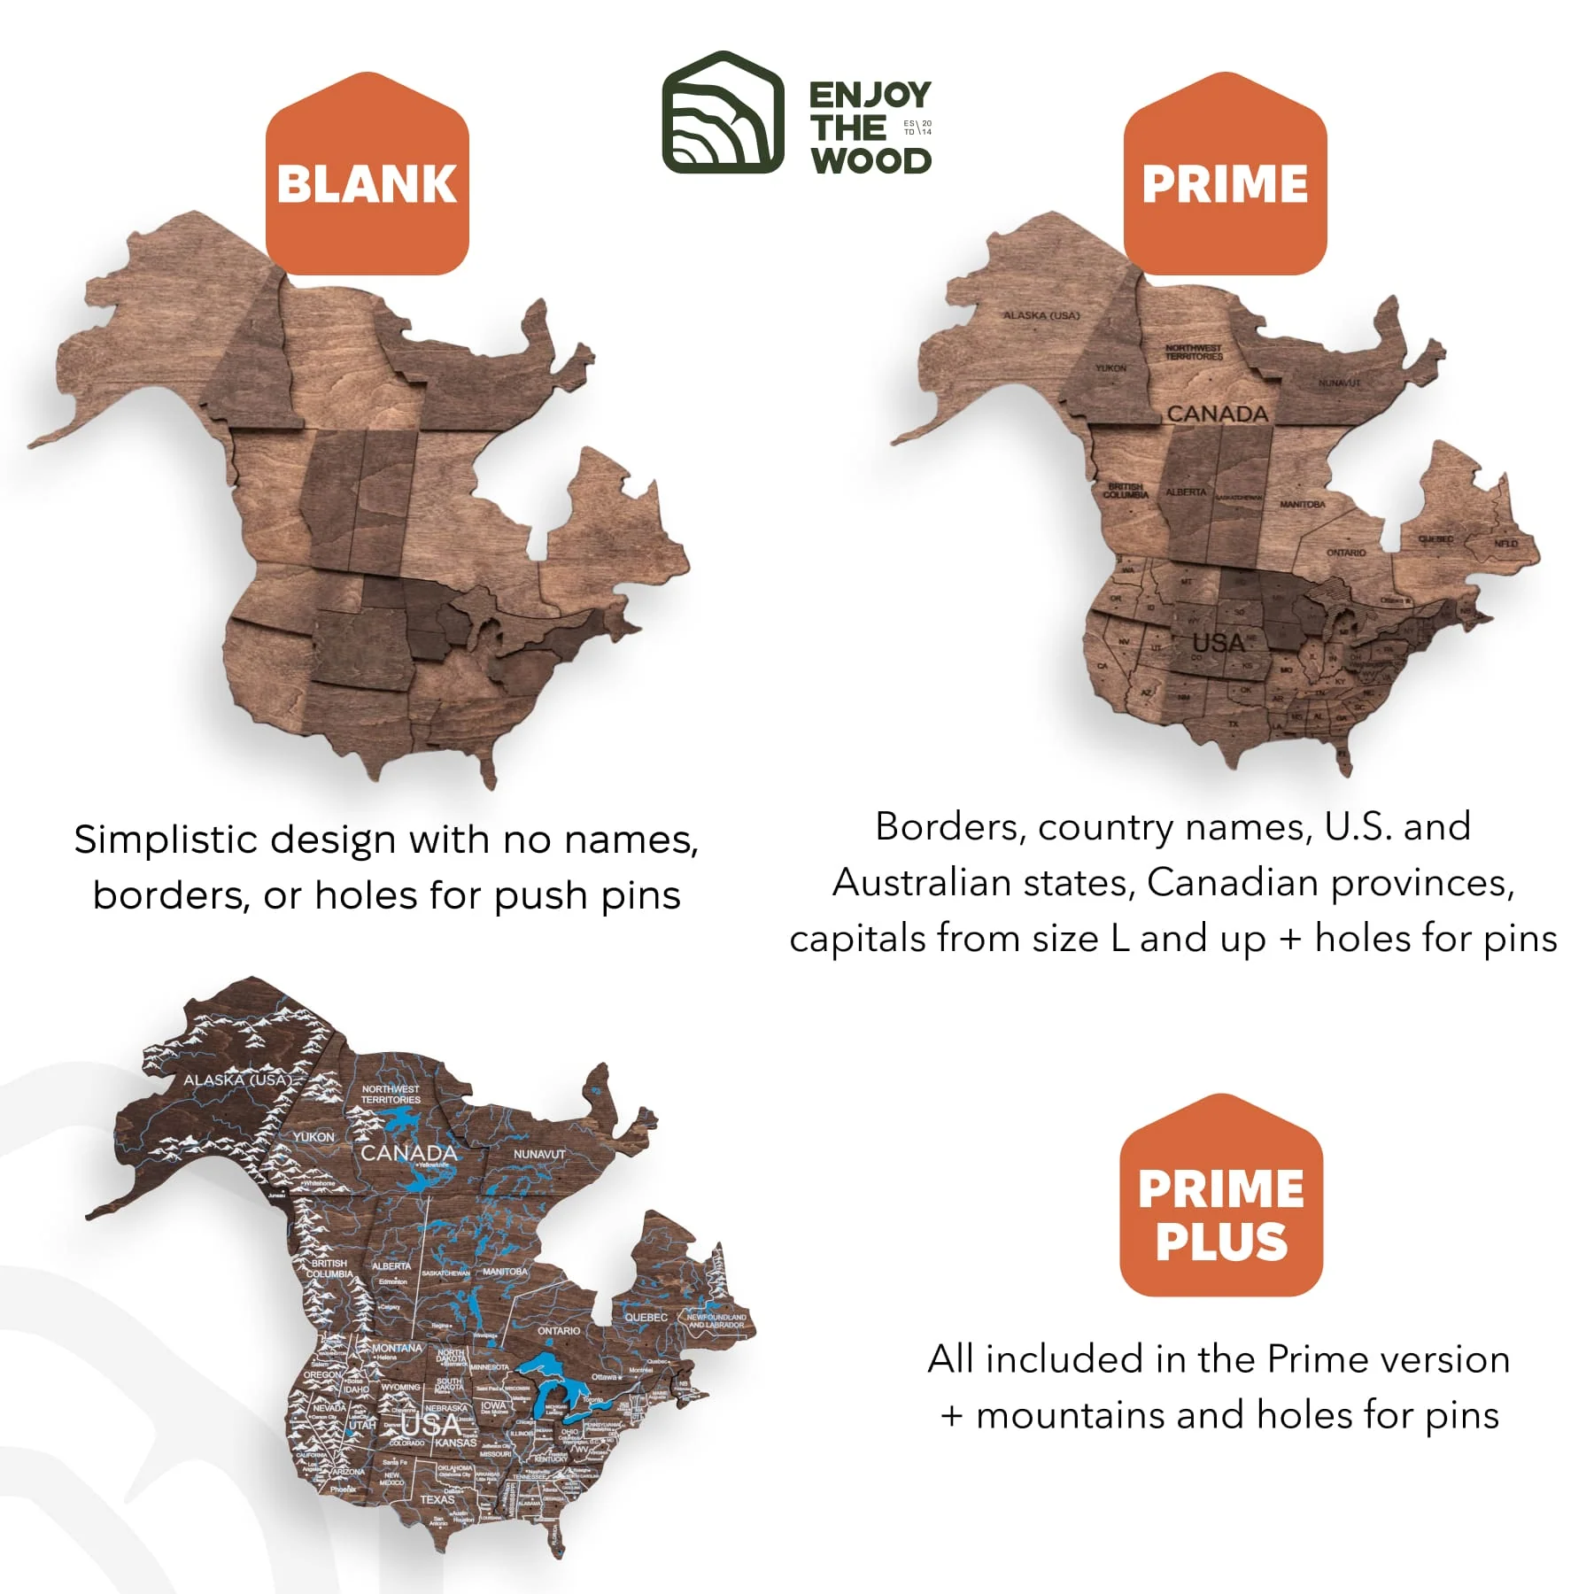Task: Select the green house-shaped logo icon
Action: coord(723,112)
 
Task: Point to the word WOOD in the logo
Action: coord(871,161)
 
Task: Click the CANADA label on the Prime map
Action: coord(1217,414)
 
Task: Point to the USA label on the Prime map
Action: coord(1219,643)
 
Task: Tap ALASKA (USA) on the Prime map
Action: coord(1041,315)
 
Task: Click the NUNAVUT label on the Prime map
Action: coord(1339,383)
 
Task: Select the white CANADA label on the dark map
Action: coord(408,1153)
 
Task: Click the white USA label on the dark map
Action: coord(430,1425)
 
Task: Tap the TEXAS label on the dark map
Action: coord(437,1499)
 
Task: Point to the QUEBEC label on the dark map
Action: coord(646,1317)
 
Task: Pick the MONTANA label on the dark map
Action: coord(397,1348)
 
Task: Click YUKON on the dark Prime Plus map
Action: coord(313,1136)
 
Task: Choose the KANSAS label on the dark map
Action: coord(455,1443)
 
